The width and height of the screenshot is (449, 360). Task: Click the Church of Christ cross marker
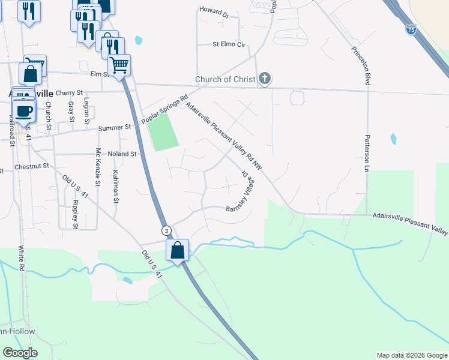point(265,79)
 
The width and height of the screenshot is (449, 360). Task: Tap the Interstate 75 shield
point(411,29)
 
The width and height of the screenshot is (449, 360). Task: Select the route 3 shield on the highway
point(166,230)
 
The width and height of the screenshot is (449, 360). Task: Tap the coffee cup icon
point(24,111)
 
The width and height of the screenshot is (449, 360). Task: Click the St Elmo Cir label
point(229,44)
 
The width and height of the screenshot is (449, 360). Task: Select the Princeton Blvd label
point(366,67)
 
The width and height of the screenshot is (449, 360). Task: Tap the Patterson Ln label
point(366,153)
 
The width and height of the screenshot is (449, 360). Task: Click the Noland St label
point(122,154)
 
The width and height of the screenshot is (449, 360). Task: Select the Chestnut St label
point(31,166)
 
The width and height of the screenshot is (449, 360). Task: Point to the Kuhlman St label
point(115,186)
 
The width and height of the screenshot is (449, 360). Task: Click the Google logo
point(20,353)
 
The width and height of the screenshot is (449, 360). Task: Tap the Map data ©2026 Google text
point(412,355)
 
